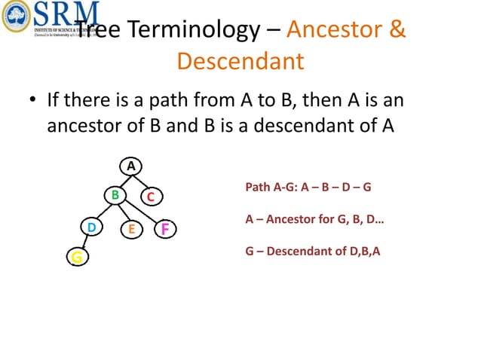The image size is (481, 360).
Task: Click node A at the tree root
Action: pyautogui.click(x=130, y=166)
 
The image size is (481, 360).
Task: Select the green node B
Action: pyautogui.click(x=115, y=195)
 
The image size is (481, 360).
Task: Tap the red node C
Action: pyautogui.click(x=150, y=197)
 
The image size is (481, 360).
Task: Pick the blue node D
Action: pyautogui.click(x=91, y=227)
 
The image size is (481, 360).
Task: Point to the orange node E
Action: pyautogui.click(x=130, y=228)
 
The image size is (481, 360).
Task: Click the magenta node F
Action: pyautogui.click(x=164, y=228)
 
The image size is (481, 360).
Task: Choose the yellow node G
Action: pyautogui.click(x=76, y=258)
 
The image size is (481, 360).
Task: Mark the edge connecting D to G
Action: pyautogui.click(x=84, y=243)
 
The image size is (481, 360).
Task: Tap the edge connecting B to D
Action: pyautogui.click(x=104, y=211)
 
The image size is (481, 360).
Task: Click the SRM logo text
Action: pyautogui.click(x=66, y=12)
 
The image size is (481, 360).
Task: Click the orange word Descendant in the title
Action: pyautogui.click(x=240, y=60)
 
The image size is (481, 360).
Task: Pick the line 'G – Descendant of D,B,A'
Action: pyautogui.click(x=313, y=251)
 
